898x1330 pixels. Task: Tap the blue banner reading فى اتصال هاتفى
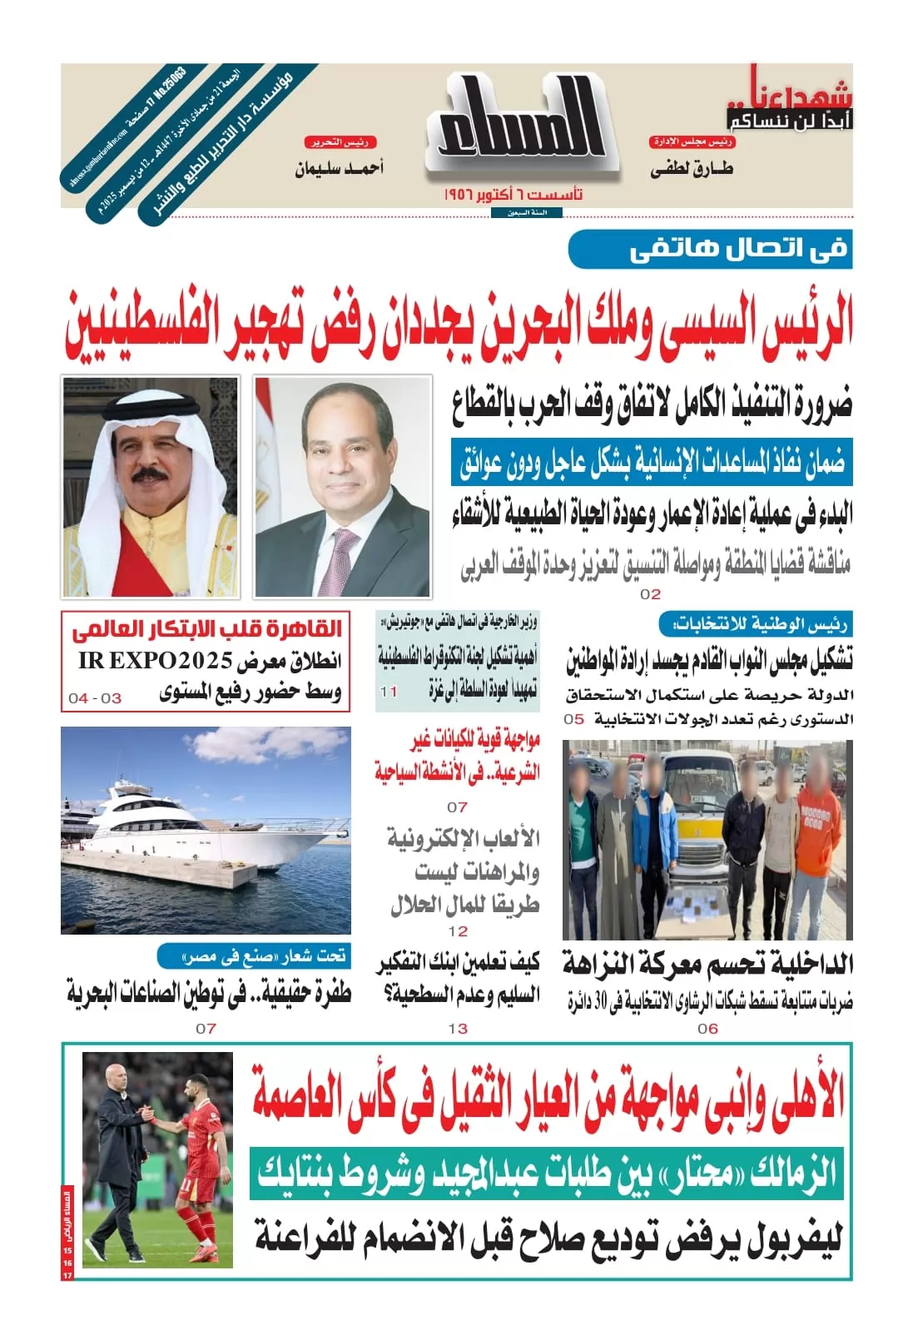click(x=710, y=249)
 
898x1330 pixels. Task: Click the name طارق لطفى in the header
click(x=691, y=169)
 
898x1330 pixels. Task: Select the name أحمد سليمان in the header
click(x=339, y=169)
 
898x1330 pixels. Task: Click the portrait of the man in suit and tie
click(x=343, y=486)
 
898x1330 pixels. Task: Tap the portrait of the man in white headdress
click(x=150, y=486)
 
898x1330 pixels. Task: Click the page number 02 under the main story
click(x=650, y=594)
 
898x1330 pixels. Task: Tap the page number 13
click(x=458, y=1029)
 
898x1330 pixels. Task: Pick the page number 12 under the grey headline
click(x=458, y=931)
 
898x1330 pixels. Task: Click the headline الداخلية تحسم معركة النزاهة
click(x=707, y=965)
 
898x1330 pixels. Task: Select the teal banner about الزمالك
click(x=546, y=1174)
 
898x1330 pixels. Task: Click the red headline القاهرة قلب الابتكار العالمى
click(x=206, y=629)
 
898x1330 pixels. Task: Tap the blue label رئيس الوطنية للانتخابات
click(x=754, y=624)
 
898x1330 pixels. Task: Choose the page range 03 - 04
click(x=95, y=698)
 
